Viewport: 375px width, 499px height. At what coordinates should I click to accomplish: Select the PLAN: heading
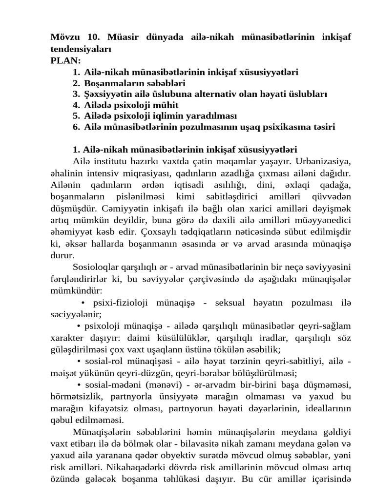pos(66,60)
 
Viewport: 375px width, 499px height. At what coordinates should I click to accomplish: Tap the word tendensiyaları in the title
pos(81,49)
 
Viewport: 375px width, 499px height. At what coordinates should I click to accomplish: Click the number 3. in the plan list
pos(76,94)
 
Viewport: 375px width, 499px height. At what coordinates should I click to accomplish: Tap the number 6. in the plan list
pos(76,128)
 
